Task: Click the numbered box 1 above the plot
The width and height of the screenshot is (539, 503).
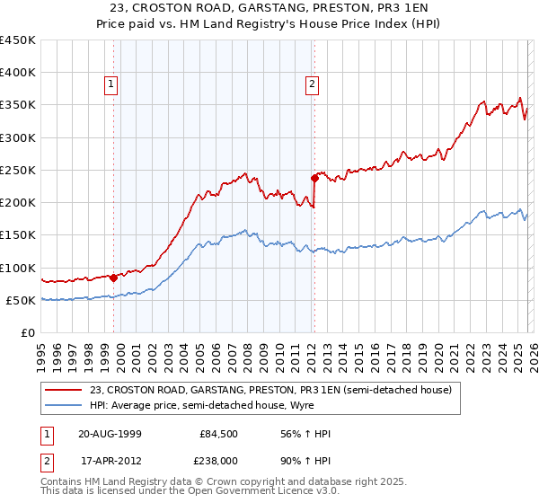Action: point(111,85)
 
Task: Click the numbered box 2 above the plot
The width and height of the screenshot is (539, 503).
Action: point(312,85)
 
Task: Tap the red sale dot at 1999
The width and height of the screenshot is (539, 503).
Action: point(114,278)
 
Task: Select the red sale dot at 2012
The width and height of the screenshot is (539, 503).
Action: point(314,178)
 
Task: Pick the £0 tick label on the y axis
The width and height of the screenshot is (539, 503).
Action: point(27,332)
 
